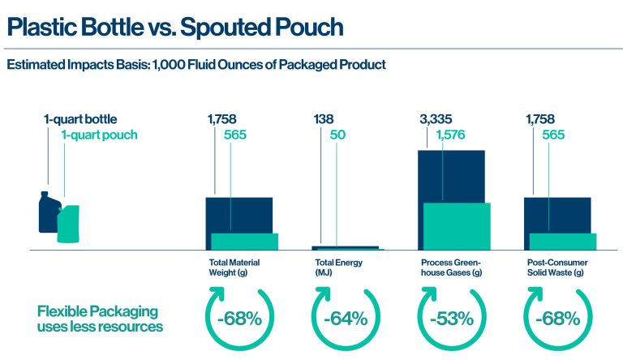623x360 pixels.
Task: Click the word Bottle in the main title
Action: tap(121, 27)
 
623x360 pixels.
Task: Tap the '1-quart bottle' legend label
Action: tap(79, 120)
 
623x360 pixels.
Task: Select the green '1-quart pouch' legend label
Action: tap(99, 135)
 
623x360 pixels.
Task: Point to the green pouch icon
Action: tap(68, 224)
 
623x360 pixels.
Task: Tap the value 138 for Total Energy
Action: tap(324, 120)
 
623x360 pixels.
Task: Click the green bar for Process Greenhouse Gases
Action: tap(457, 226)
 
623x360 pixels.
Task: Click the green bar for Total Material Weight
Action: tap(244, 242)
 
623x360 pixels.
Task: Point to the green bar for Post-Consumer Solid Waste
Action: tap(562, 242)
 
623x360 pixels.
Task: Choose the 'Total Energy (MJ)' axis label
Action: tap(338, 268)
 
